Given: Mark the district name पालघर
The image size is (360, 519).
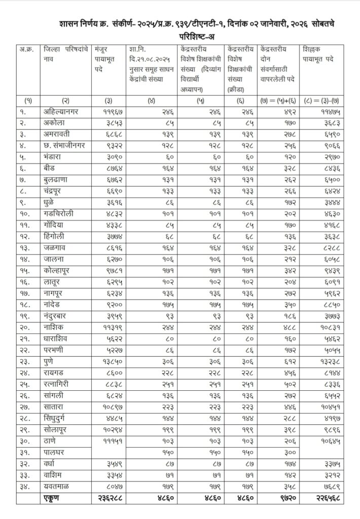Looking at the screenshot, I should point(56,452).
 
